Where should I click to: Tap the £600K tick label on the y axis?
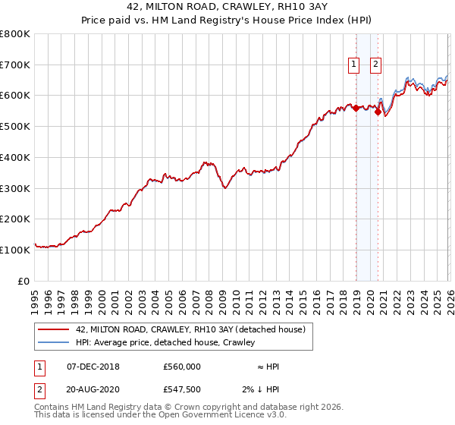[14, 96]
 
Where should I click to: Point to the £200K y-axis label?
[14, 219]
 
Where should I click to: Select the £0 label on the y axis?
[23, 281]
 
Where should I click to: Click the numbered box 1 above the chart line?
[354, 65]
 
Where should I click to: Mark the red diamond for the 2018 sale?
[355, 108]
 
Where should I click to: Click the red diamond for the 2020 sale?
[378, 112]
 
